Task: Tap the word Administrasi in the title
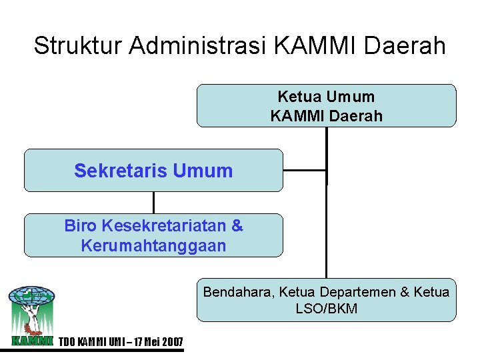pyautogui.click(x=198, y=46)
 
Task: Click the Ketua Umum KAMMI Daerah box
pyautogui.click(x=326, y=105)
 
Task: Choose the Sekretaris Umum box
pyautogui.click(x=153, y=171)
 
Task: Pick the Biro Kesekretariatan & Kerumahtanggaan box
pyautogui.click(x=153, y=235)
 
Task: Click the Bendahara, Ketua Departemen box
pyautogui.click(x=326, y=300)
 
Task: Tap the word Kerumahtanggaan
pyautogui.click(x=153, y=245)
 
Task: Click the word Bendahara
pyautogui.click(x=238, y=292)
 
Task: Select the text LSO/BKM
pyautogui.click(x=326, y=309)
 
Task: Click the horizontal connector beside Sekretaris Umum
pyautogui.click(x=305, y=170)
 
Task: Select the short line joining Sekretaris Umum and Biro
pyautogui.click(x=153, y=203)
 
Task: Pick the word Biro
pyautogui.click(x=80, y=225)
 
